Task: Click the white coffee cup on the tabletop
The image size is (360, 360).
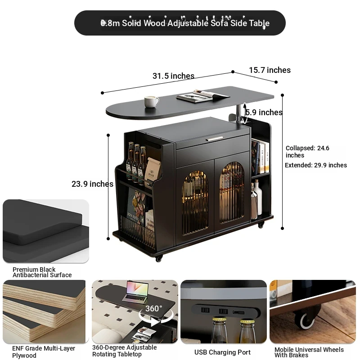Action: pos(151,102)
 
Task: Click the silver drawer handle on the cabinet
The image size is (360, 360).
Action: pos(214,139)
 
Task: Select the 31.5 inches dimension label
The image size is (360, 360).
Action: pos(173,76)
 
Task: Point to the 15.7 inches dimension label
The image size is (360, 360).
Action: pos(270,70)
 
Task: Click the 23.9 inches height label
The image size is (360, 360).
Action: pos(92,184)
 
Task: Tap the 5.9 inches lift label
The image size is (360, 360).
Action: pos(264,112)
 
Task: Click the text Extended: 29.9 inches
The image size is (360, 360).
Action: pos(316,165)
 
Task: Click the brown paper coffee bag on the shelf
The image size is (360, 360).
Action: pos(153,170)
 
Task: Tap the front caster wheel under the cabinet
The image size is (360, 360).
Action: pos(159,258)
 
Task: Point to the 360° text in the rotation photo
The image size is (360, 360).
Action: pos(153,308)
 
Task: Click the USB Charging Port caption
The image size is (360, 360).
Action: pos(222,352)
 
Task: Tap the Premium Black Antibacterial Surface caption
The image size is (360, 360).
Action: pos(42,272)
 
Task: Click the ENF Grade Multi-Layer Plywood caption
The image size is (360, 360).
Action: pos(44,352)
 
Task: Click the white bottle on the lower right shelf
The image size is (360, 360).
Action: pos(259,198)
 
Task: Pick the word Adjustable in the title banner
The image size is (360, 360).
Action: pos(188,23)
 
